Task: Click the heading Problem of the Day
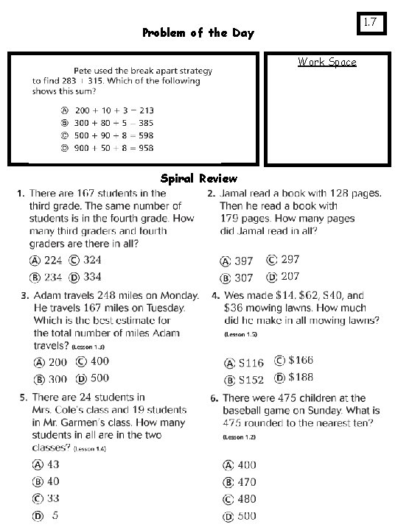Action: pos(198,33)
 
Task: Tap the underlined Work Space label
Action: pos(327,62)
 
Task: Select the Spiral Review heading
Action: pos(199,178)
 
